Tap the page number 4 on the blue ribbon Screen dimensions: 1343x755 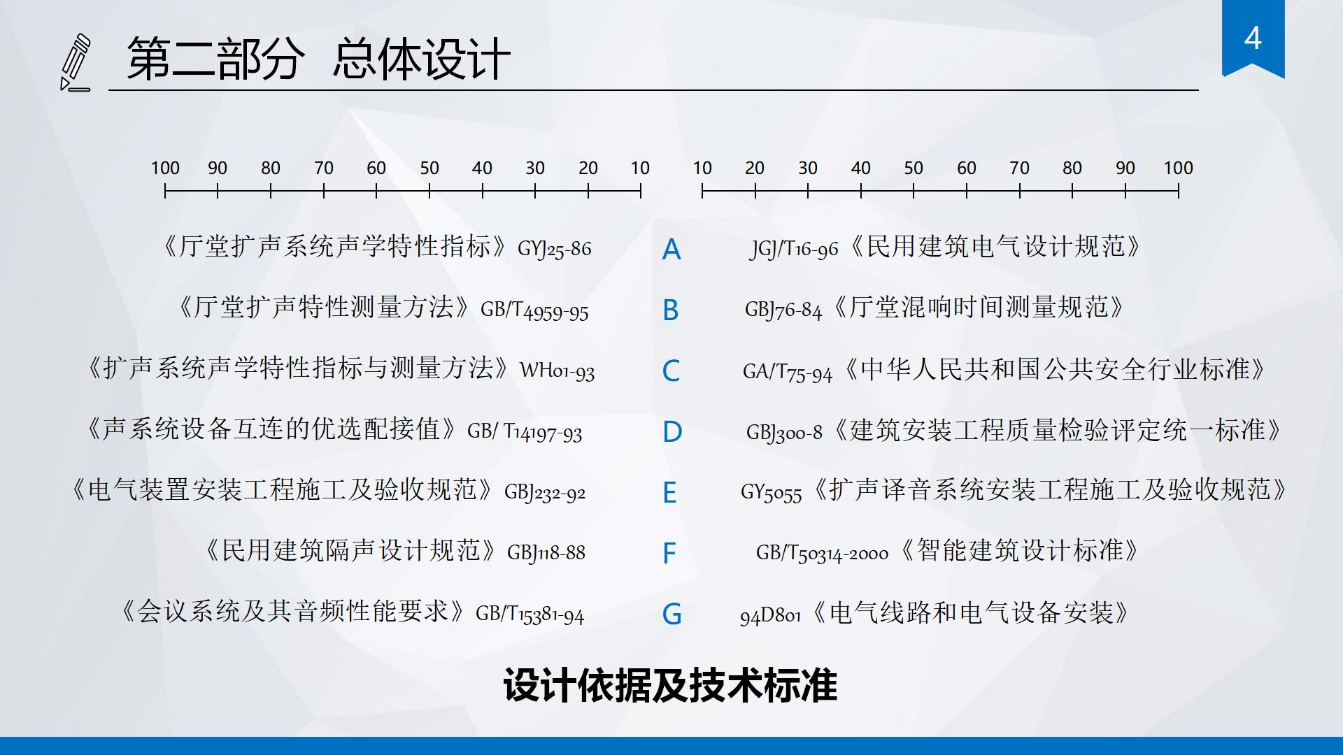[x=1253, y=38]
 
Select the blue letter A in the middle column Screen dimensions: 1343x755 [x=671, y=250]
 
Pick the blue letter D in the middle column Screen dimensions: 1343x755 [x=672, y=432]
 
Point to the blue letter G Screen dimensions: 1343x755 [x=672, y=614]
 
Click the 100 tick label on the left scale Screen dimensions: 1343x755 [x=165, y=168]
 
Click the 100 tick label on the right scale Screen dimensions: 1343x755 [x=1178, y=168]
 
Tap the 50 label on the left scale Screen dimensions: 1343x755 [x=429, y=168]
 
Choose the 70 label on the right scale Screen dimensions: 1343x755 [x=1019, y=168]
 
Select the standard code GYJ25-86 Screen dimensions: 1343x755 [x=554, y=249]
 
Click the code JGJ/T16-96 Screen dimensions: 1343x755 [x=794, y=249]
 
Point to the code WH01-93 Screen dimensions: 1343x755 [x=557, y=371]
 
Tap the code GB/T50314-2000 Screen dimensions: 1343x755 [x=822, y=553]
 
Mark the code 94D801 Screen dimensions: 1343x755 [x=770, y=615]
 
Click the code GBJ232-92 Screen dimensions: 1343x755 [x=545, y=493]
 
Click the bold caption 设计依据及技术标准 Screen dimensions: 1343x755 [x=670, y=685]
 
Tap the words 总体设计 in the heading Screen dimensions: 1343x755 [x=422, y=59]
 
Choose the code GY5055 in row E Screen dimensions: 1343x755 [x=771, y=493]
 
